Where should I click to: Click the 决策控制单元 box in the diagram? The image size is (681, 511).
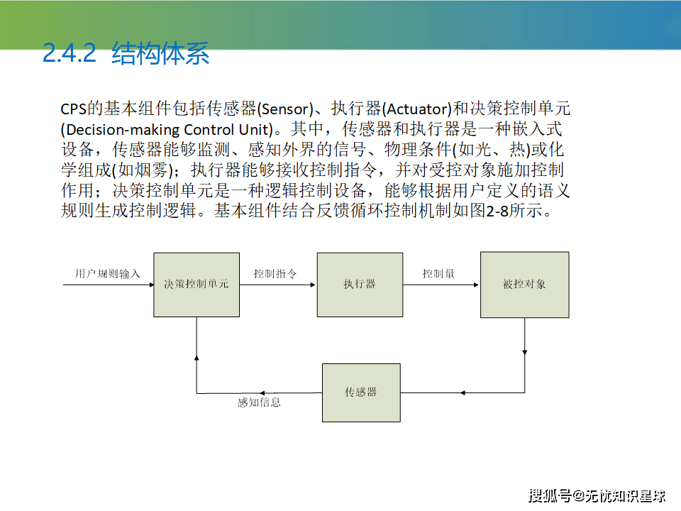click(196, 285)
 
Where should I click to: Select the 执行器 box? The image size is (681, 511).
click(360, 285)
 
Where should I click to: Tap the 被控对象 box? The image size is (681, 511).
click(525, 285)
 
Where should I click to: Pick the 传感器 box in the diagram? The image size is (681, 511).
click(361, 392)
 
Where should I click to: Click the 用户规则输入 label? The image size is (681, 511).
click(108, 273)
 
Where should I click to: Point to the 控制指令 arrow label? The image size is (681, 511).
click(275, 273)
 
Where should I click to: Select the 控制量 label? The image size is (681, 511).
click(438, 273)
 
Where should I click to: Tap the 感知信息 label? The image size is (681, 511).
click(260, 402)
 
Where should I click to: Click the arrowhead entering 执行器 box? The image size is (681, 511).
click(313, 285)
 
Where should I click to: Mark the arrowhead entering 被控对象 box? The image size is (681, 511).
click(477, 285)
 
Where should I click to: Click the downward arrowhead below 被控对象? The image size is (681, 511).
click(525, 353)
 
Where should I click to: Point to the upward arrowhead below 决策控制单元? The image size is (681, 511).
click(196, 358)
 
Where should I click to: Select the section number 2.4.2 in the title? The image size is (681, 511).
click(70, 53)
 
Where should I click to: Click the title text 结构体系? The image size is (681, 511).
click(160, 53)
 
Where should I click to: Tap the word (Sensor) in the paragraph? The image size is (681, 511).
click(285, 109)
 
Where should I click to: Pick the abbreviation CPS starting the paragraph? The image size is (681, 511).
click(73, 109)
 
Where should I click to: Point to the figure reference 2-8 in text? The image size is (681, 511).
click(497, 211)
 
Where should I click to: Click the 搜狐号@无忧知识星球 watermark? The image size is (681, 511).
click(597, 496)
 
